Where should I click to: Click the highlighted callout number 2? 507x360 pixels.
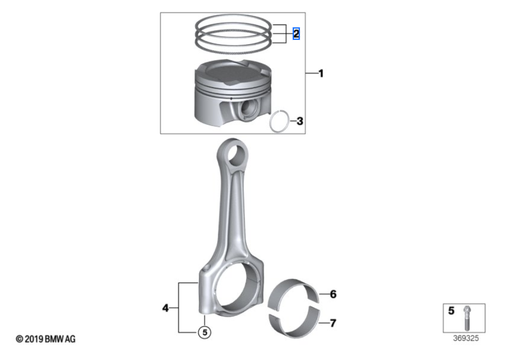pos(296,33)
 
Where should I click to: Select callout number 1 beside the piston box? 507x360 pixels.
pos(321,74)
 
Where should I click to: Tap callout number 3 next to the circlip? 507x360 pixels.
pos(300,121)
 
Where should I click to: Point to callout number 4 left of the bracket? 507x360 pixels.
pos(165,308)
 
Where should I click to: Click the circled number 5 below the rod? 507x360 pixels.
pos(205,332)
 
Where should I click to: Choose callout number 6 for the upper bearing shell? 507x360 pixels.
pos(333,294)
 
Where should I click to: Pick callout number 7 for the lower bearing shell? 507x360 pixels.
pos(333,323)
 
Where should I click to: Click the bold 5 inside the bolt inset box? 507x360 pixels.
pos(451,311)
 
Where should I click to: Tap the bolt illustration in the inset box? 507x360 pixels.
pos(467,318)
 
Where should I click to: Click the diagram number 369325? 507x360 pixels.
pos(466,338)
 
